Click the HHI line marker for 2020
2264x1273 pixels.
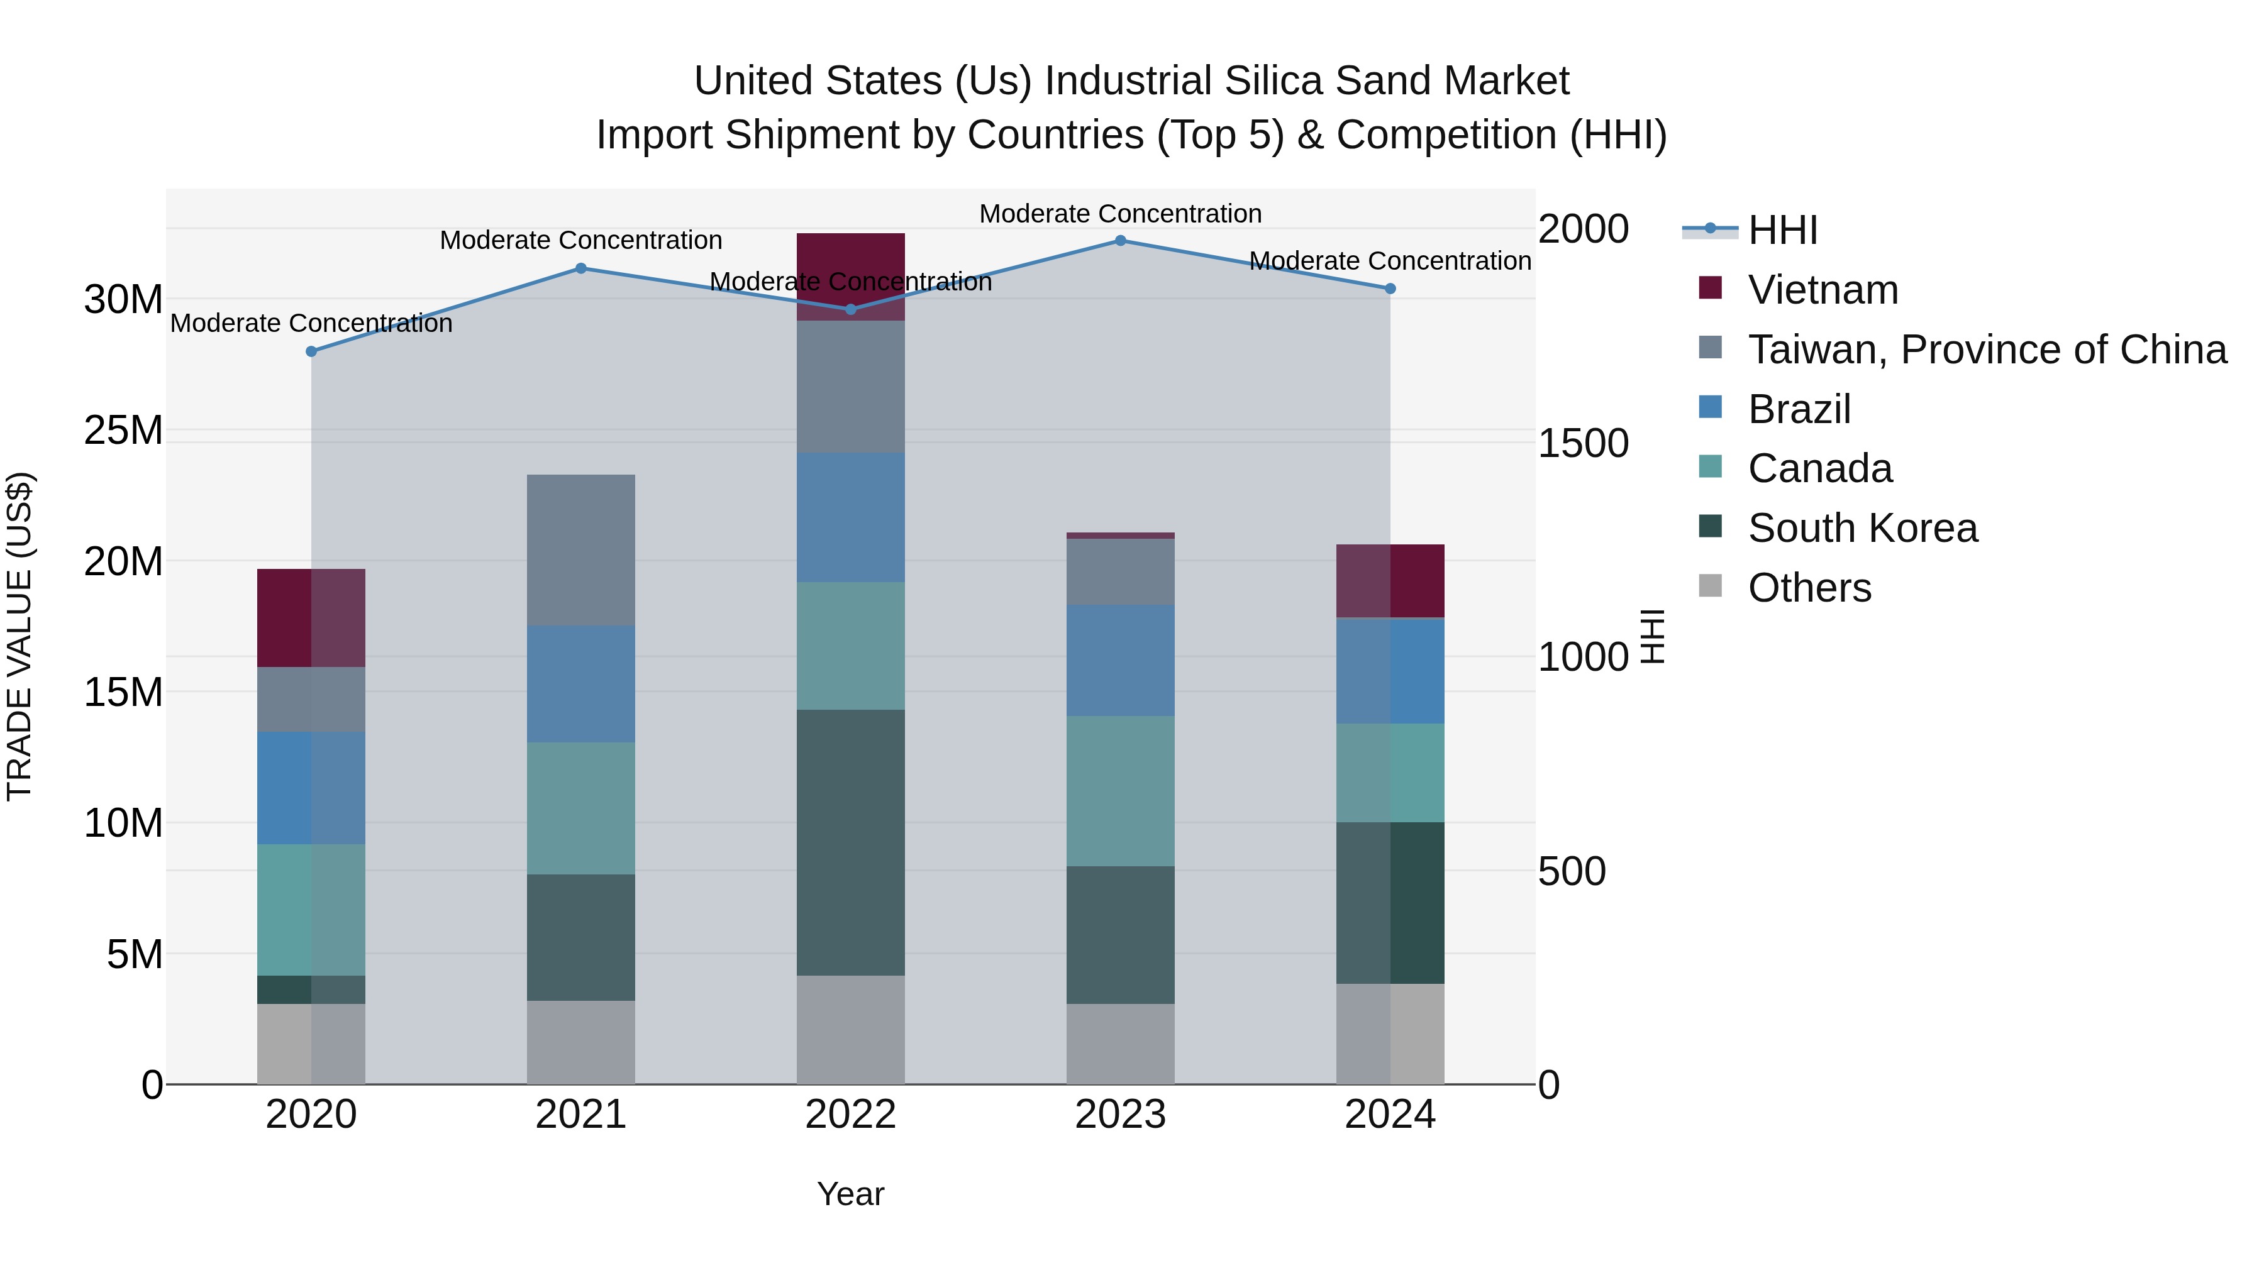(311, 351)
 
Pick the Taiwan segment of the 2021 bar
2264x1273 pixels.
(581, 550)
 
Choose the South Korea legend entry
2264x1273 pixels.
(1862, 528)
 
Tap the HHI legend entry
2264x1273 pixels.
(1782, 230)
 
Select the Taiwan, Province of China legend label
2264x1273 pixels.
(1986, 350)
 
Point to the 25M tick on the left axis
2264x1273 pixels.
(123, 431)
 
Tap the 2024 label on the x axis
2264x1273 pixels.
(1389, 1115)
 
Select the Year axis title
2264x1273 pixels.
(850, 1194)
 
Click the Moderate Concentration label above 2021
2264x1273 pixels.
(581, 240)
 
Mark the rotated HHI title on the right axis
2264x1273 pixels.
(1652, 636)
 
